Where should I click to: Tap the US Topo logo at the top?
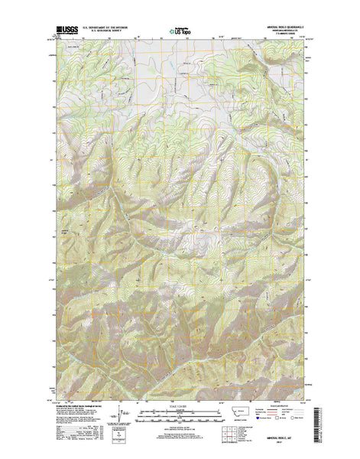(180, 33)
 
